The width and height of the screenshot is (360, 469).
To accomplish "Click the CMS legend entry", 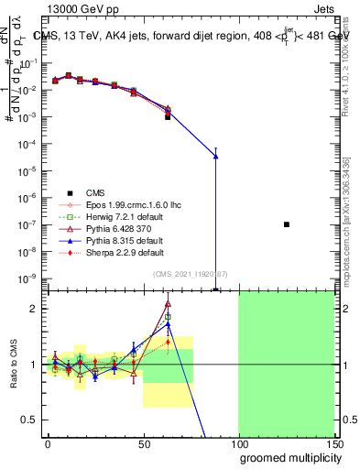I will click(95, 192).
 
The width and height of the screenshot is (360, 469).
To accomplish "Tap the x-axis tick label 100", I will click(238, 442).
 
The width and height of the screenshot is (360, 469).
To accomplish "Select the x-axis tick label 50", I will click(143, 442).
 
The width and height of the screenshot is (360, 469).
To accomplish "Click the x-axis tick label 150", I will click(333, 442).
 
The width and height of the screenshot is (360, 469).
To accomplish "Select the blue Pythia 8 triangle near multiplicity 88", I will click(216, 156).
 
